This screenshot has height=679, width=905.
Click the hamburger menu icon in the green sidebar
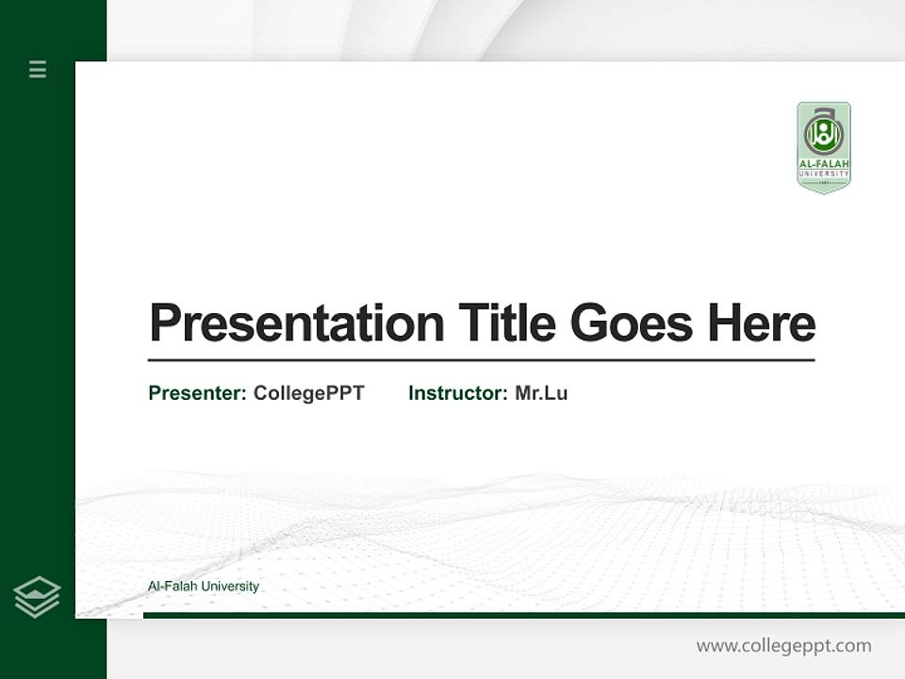38,69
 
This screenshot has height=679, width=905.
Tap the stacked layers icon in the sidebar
37,597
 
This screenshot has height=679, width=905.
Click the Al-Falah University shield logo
824,147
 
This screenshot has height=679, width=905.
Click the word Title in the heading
507,323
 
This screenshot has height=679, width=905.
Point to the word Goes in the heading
632,323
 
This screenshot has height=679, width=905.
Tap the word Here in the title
762,323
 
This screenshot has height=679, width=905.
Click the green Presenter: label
198,393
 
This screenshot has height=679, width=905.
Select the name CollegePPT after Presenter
309,393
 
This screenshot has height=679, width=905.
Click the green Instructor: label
458,393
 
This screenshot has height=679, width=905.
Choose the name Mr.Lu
541,393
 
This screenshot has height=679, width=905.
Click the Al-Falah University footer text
204,587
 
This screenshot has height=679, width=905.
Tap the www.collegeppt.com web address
783,646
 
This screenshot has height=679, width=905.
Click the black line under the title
481,360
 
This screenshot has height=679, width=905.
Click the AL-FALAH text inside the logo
824,164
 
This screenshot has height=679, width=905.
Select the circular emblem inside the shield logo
824,133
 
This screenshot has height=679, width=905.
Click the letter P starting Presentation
164,323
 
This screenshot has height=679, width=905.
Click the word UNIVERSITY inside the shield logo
824,174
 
